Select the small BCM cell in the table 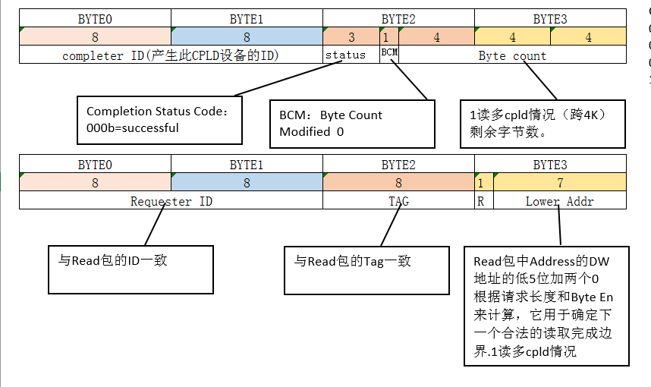point(388,54)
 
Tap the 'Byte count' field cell point(512,55)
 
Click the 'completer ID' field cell point(171,55)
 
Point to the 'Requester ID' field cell point(171,201)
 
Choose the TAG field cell point(398,201)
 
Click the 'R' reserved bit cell point(480,201)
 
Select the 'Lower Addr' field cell point(559,201)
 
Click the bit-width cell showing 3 point(351,37)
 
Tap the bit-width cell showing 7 point(559,183)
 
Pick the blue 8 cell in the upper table point(247,37)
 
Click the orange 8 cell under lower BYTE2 point(398,183)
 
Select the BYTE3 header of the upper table point(550,19)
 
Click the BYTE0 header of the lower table point(95,165)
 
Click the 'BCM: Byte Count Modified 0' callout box point(352,124)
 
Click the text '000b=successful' point(133,128)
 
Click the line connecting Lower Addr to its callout point(559,227)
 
